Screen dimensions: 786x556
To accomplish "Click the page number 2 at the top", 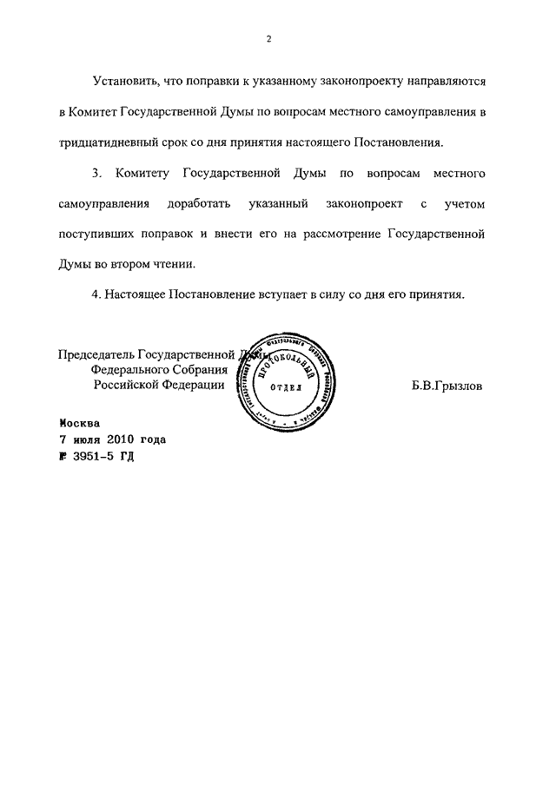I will click(x=270, y=39).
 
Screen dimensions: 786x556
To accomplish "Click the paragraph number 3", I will click(x=96, y=174).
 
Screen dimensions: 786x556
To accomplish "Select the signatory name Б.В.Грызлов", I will click(x=447, y=384).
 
